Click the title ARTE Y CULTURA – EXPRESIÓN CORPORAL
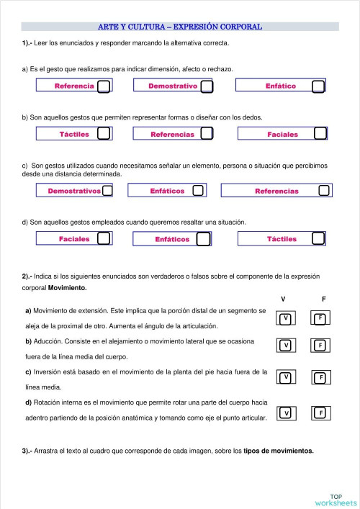pos(180,27)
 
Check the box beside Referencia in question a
pos(104,86)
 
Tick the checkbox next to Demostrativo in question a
pos(207,86)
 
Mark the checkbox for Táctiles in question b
pos(104,134)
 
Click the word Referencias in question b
pos(173,135)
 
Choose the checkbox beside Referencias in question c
pos(324,191)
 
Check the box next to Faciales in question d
pos(104,238)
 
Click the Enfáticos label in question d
pos(172,239)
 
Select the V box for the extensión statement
pos(286,318)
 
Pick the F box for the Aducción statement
pos(320,346)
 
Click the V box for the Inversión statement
pos(286,377)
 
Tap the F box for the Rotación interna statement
pos(320,413)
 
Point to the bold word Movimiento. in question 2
pos(67,287)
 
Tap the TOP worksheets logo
pos(336,499)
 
